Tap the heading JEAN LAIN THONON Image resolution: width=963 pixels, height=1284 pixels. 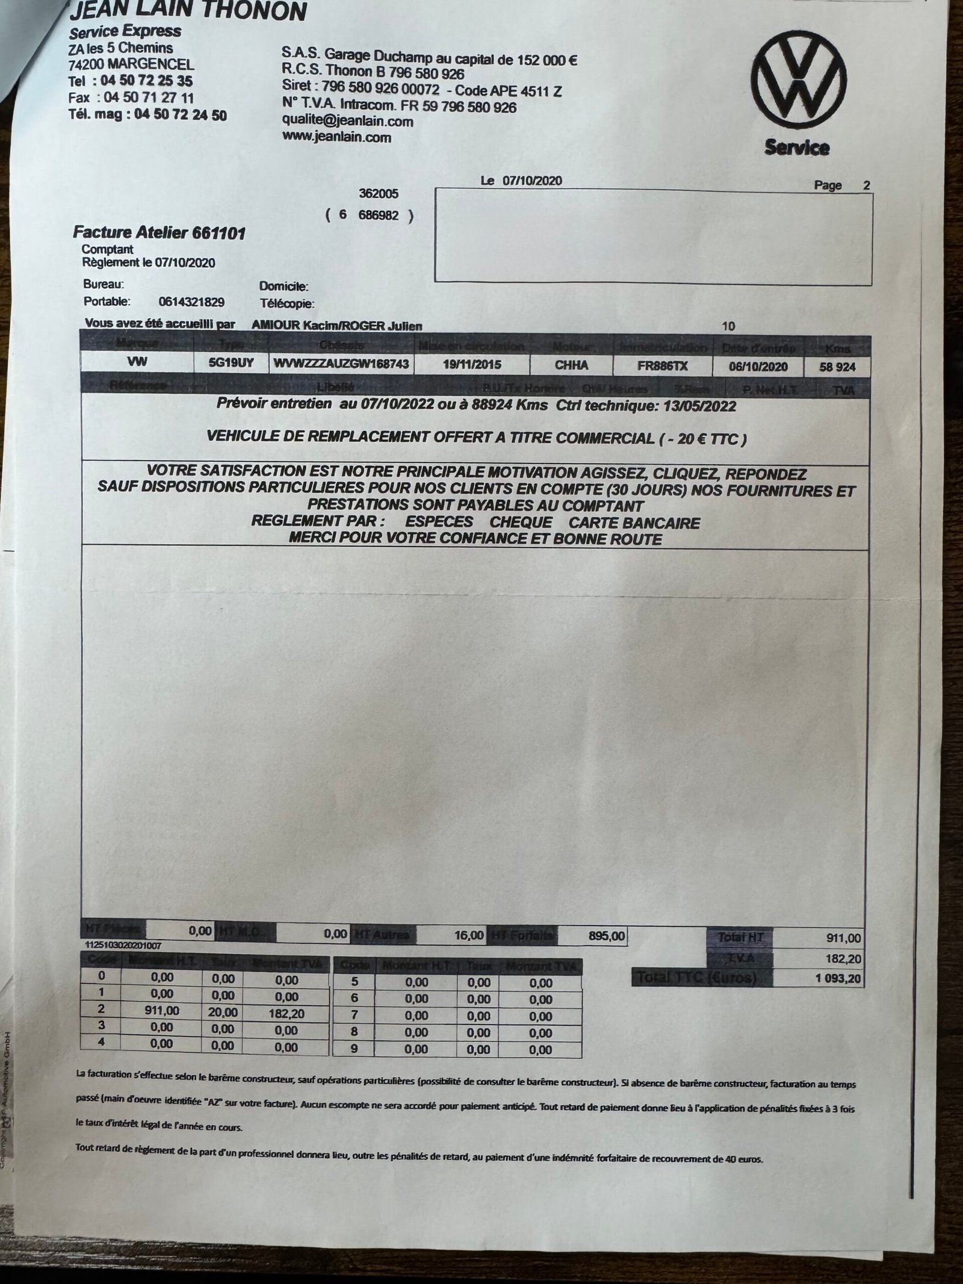point(188,11)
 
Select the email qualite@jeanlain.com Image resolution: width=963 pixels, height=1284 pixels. point(348,122)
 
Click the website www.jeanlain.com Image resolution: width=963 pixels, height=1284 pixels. point(336,137)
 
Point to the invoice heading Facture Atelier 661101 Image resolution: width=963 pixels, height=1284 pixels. point(159,233)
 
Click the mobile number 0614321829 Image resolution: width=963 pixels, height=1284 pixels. point(191,302)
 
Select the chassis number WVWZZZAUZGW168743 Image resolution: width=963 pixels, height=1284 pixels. point(341,364)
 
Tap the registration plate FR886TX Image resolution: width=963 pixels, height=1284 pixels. point(662,366)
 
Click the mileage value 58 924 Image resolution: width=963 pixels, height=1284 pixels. point(837,367)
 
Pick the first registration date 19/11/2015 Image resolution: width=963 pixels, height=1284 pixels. point(472,365)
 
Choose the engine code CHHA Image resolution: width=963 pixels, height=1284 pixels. point(571,365)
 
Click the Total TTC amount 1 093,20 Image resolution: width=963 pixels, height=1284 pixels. point(838,978)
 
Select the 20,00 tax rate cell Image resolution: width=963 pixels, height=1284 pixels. point(223,1013)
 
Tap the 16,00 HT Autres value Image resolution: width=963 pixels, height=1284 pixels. point(469,935)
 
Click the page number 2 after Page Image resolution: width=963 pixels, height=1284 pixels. point(867,185)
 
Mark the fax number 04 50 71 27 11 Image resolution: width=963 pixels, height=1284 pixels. point(149,98)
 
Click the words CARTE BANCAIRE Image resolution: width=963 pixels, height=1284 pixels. point(634,523)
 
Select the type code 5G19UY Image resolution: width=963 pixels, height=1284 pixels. point(232,364)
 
